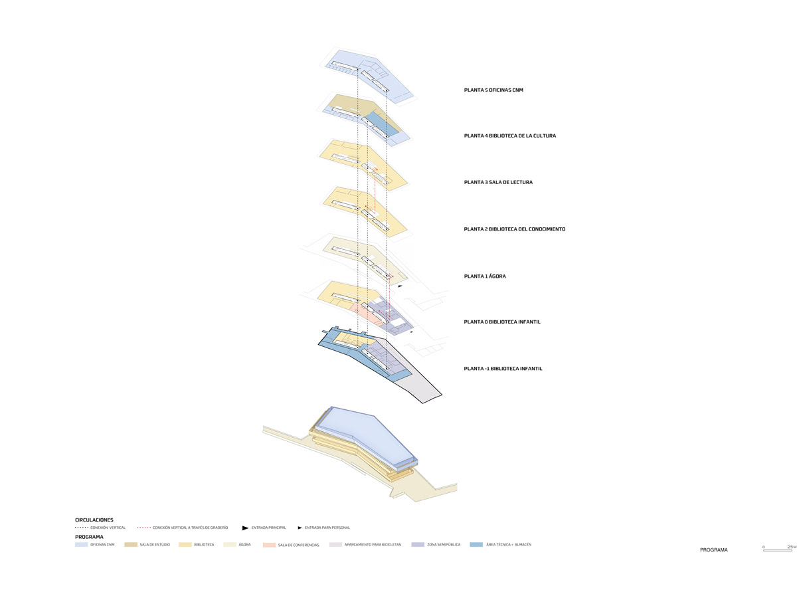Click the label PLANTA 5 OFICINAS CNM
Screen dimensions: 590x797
pos(493,90)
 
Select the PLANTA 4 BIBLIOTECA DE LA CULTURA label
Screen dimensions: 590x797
pos(509,136)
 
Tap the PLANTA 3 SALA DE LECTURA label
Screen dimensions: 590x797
pos(498,182)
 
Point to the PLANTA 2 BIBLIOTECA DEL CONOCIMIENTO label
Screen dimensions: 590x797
pos(514,229)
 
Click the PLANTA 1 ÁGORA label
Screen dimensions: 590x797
pos(485,276)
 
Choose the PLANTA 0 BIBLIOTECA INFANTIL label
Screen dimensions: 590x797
pos(502,322)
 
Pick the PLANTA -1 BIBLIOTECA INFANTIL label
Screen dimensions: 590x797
pos(503,368)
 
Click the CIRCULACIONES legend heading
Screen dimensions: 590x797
pos(94,520)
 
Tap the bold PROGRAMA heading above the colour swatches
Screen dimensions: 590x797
pos(89,536)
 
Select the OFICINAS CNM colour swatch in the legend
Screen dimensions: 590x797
pos(81,545)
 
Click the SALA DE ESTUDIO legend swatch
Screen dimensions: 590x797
pos(130,545)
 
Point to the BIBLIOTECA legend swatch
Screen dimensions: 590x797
pos(185,545)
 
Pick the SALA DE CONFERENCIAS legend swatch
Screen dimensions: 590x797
pos(269,545)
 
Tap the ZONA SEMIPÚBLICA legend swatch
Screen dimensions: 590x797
pos(418,545)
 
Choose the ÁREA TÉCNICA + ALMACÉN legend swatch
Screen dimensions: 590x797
pos(476,545)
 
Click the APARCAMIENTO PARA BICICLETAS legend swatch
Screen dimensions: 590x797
pos(335,545)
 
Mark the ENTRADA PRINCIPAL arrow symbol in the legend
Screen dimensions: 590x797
pos(245,528)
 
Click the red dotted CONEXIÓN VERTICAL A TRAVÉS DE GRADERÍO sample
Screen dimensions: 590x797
pos(143,528)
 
